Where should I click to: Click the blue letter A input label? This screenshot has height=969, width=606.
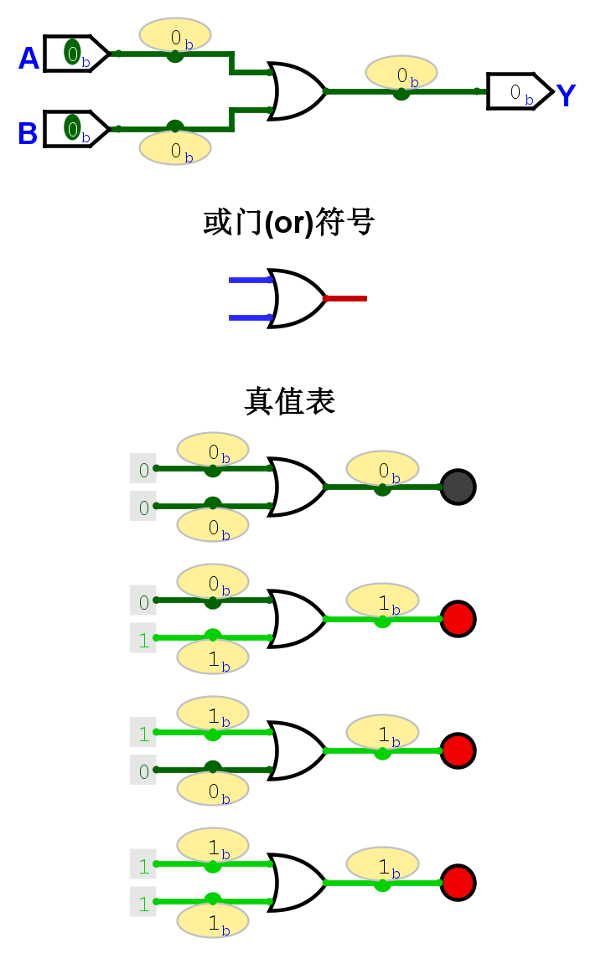[28, 59]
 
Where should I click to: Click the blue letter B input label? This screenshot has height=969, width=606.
[28, 134]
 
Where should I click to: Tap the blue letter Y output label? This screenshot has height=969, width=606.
[566, 96]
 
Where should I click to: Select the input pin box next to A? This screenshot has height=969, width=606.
[75, 54]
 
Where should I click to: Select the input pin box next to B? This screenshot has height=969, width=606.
[75, 129]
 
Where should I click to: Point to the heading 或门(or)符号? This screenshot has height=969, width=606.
[289, 224]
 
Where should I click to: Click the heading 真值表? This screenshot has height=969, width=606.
[289, 401]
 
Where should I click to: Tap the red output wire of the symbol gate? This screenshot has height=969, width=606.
[346, 298]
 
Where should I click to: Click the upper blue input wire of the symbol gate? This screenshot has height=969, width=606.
[250, 281]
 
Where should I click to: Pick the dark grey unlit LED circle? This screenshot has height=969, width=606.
[458, 487]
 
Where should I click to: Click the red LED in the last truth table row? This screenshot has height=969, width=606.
[458, 883]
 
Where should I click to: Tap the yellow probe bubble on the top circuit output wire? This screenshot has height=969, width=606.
[401, 73]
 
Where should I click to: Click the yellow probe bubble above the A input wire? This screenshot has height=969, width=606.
[174, 34]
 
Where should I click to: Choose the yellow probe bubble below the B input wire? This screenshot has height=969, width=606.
[174, 148]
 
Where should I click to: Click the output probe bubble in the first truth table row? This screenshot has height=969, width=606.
[381, 467]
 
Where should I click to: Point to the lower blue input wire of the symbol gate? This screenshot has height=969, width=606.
[250, 317]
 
